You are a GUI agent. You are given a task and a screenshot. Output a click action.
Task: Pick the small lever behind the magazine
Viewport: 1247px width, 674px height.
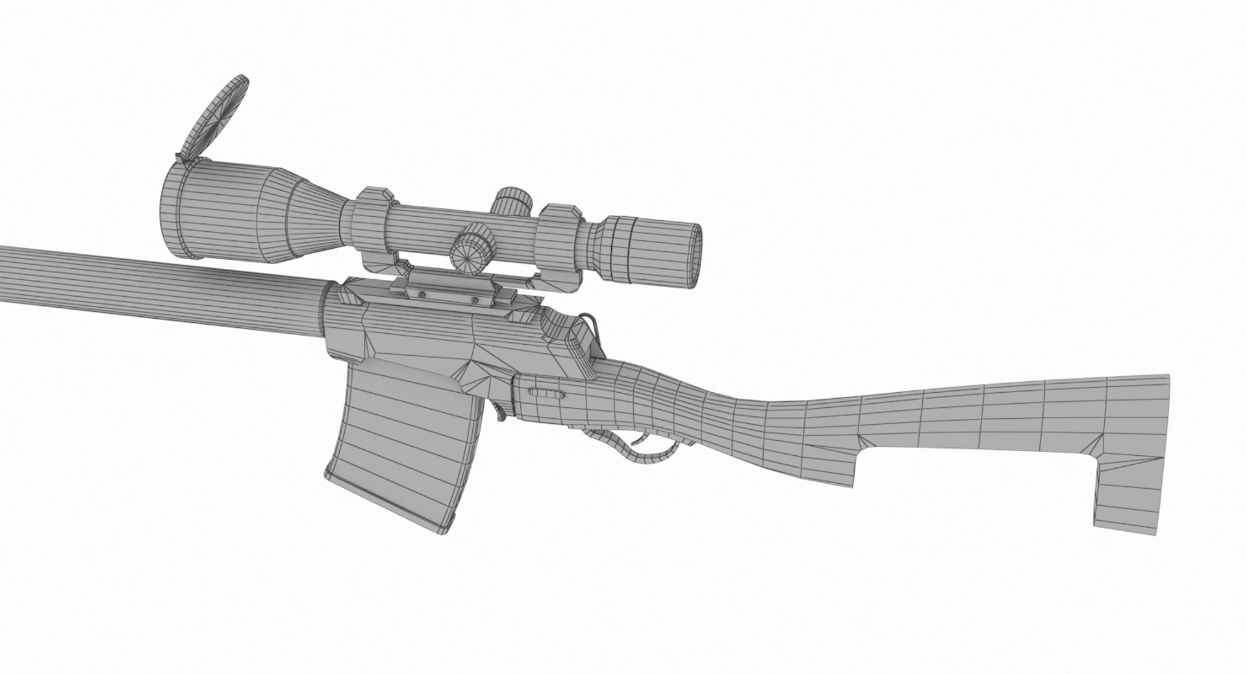(501, 409)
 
